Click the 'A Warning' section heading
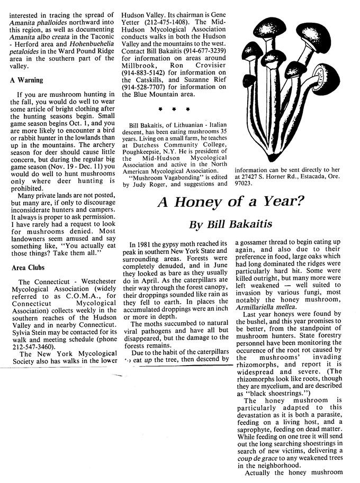[x=26, y=80]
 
